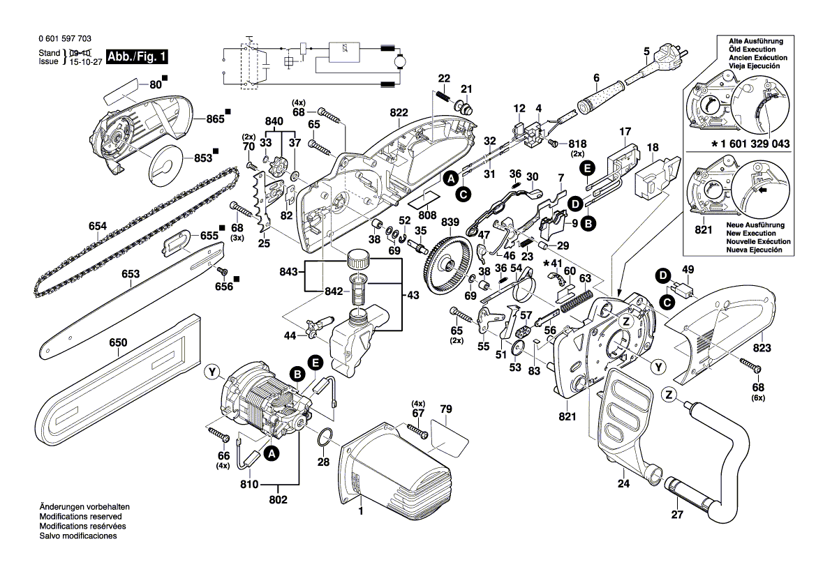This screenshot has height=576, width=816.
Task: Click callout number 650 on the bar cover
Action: pyautogui.click(x=119, y=342)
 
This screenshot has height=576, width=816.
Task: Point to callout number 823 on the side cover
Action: pyautogui.click(x=762, y=347)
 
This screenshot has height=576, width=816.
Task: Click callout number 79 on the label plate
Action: pyautogui.click(x=446, y=409)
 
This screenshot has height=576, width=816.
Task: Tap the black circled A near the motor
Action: pyautogui.click(x=272, y=454)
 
